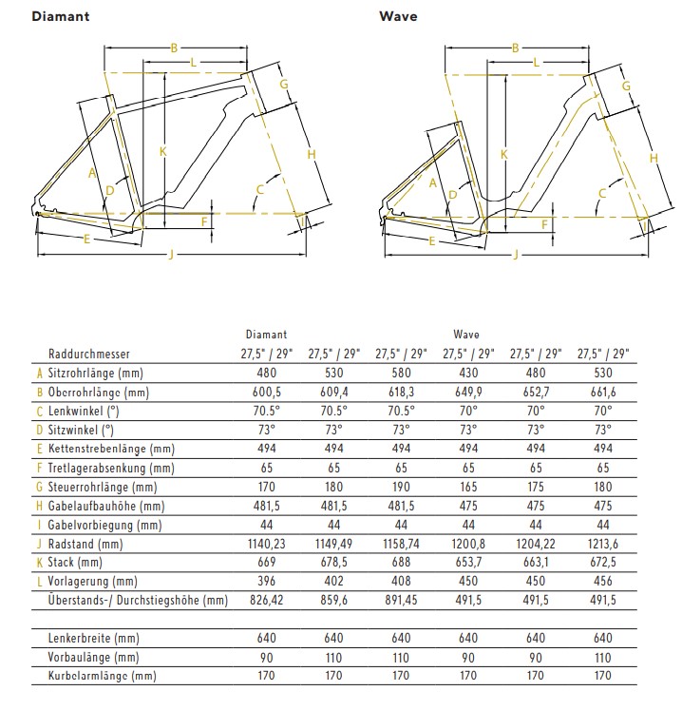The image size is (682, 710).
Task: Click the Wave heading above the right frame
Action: click(398, 16)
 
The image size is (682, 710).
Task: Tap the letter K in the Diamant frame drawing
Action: click(163, 150)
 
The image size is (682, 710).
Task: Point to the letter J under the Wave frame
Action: click(515, 254)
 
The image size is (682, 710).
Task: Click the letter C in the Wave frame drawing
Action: click(601, 194)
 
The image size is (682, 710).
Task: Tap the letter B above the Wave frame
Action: click(515, 48)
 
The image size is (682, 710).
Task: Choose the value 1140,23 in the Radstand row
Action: click(266, 544)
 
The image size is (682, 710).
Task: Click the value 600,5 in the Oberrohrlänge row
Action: click(266, 393)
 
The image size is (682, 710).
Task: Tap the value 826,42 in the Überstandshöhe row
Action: click(266, 600)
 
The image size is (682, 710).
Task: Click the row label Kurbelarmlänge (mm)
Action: click(102, 676)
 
